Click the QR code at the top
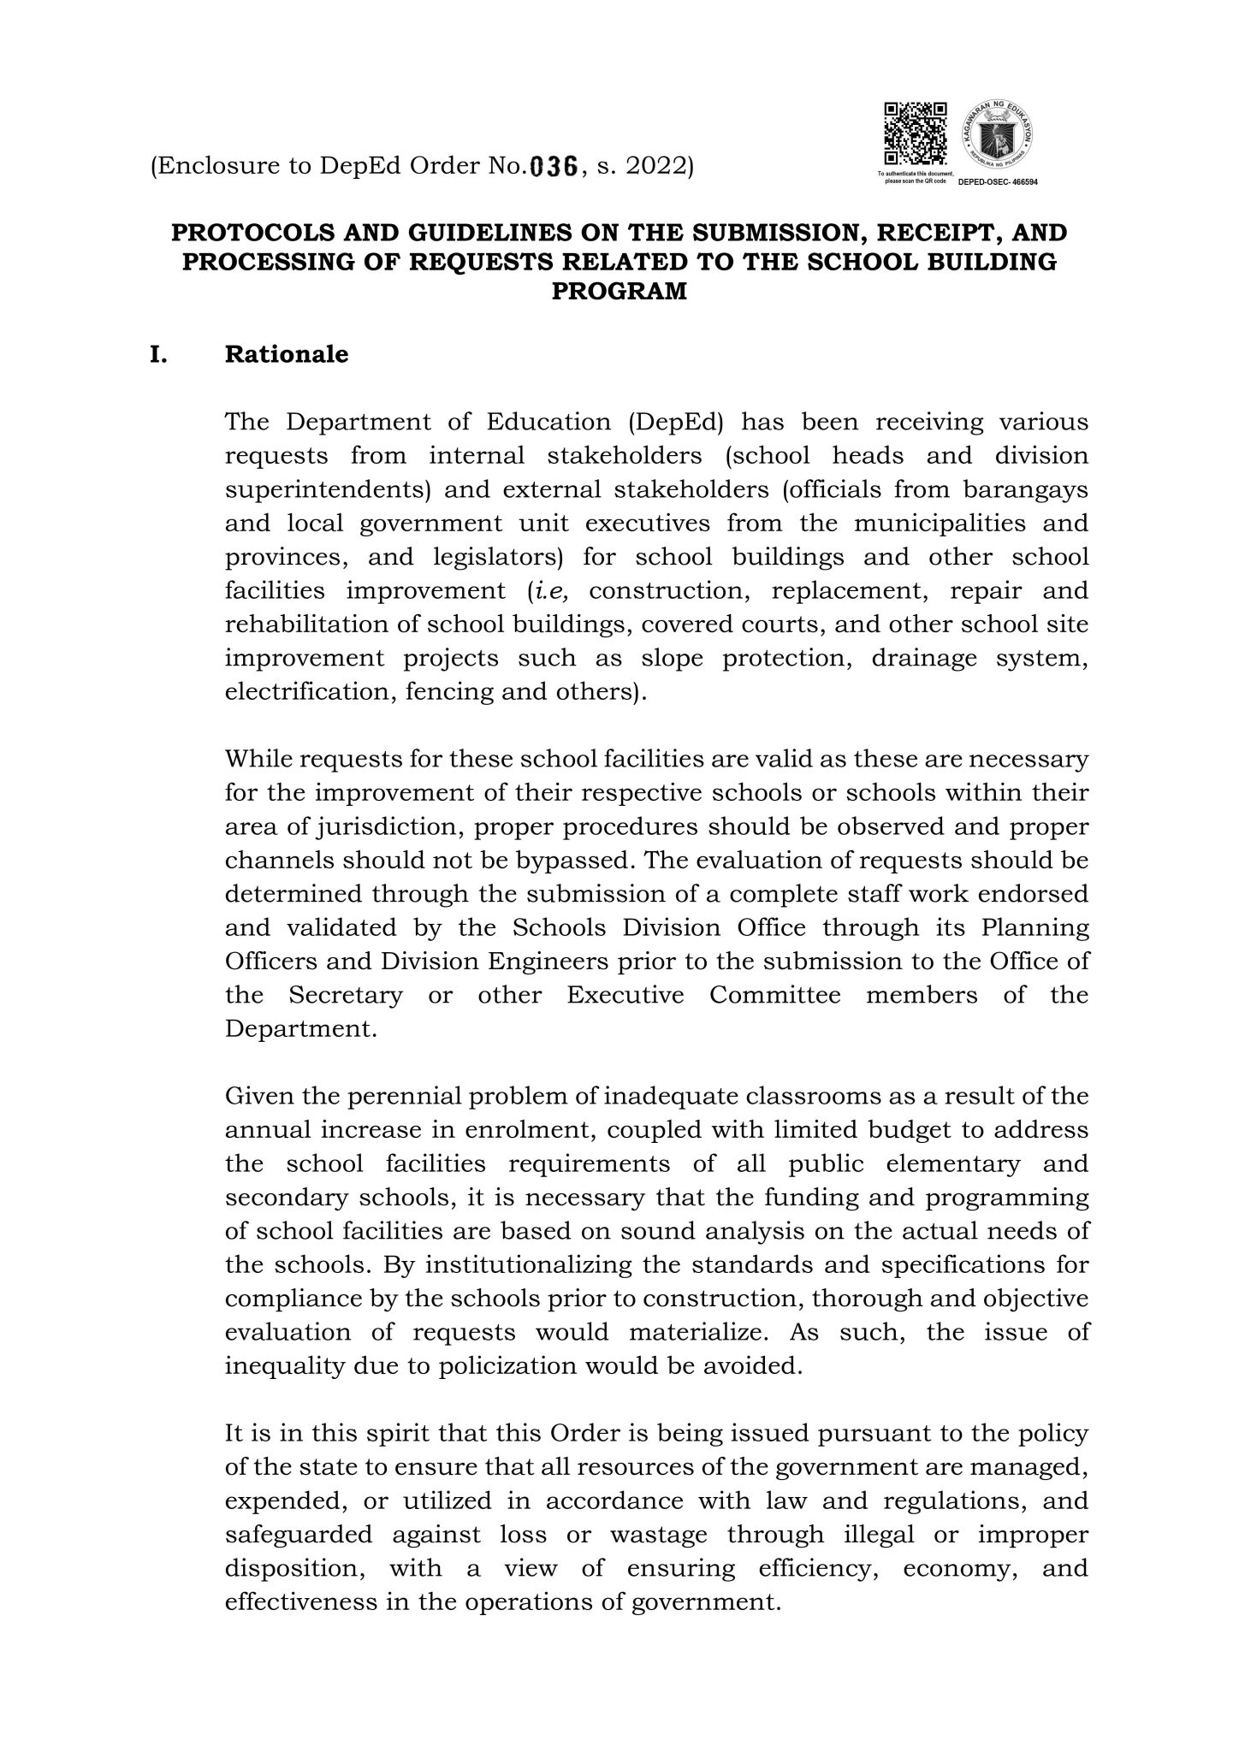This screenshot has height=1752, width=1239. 916,134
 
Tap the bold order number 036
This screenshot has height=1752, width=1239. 554,167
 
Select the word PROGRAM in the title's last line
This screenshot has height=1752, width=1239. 619,292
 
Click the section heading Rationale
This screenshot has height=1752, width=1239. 286,354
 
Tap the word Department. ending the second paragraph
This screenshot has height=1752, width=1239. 300,1028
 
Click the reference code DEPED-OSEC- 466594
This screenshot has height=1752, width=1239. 996,183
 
